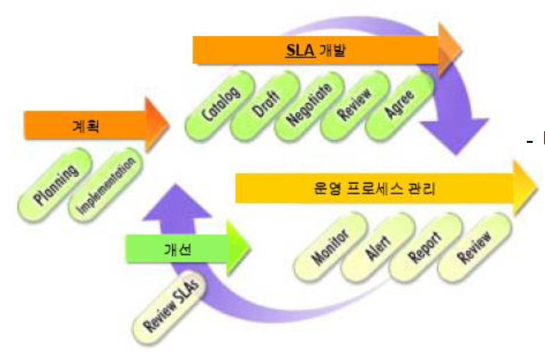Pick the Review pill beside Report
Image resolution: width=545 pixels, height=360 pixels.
[x=475, y=248]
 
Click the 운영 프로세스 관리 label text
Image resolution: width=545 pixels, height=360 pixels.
[x=372, y=188]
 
